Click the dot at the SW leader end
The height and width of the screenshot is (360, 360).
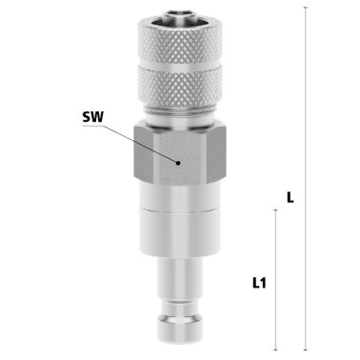[178, 163]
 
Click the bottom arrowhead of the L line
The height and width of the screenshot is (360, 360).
[304, 349]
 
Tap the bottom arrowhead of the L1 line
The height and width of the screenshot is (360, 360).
[275, 349]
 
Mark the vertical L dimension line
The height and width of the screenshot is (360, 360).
[304, 114]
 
